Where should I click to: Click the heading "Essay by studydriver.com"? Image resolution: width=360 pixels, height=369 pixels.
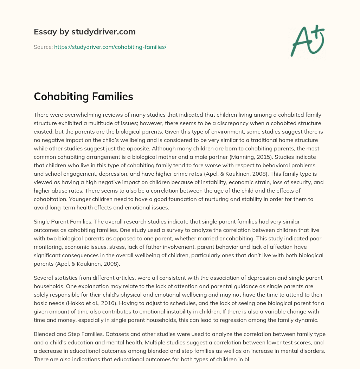(84, 32)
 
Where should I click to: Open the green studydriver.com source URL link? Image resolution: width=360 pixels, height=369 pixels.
(110, 47)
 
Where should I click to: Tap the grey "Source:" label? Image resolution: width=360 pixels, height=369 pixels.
(43, 47)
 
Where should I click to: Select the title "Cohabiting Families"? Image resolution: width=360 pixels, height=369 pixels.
(83, 97)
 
